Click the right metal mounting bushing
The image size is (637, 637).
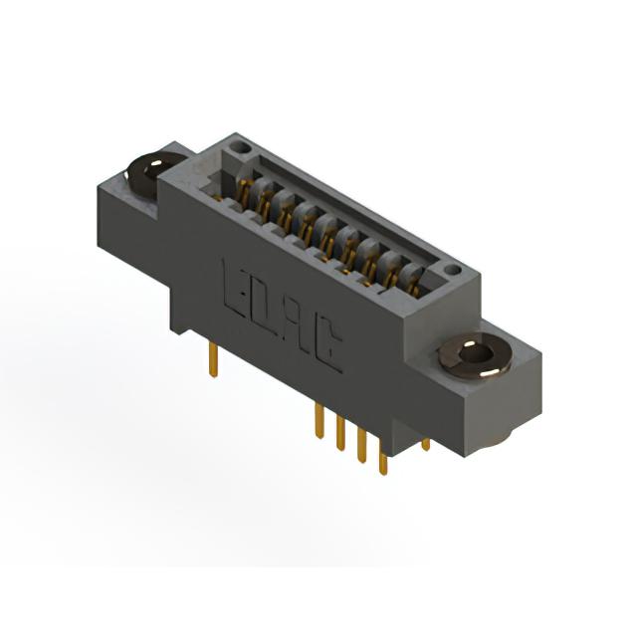click(475, 356)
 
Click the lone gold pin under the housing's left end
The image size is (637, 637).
click(213, 360)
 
